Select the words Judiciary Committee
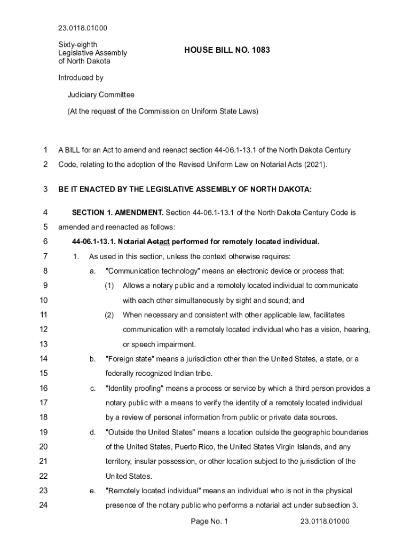[x=101, y=95]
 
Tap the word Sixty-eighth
[x=77, y=45]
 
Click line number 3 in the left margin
[x=45, y=189]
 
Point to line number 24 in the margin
[x=44, y=505]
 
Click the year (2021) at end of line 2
[x=315, y=164]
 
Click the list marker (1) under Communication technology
[x=109, y=286]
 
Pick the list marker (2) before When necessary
[x=109, y=315]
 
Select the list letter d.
[x=92, y=432]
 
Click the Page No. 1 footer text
[x=209, y=521]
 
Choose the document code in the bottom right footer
[x=325, y=521]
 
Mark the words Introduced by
[x=81, y=78]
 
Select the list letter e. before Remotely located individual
[x=92, y=491]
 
